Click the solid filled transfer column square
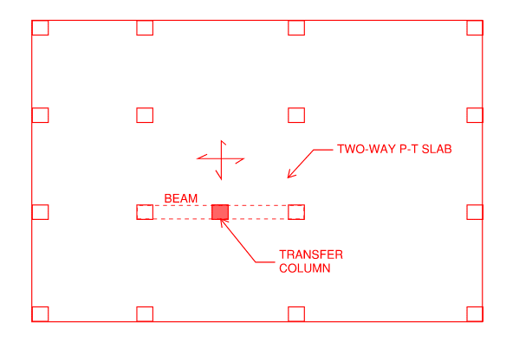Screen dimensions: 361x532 pos(220,212)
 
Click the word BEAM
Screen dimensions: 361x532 pos(180,198)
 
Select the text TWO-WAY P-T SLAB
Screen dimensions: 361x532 pos(394,149)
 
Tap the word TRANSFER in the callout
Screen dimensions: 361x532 pos(310,255)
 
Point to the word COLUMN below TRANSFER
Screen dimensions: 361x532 pos(305,268)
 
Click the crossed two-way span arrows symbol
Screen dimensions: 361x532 pos(220,159)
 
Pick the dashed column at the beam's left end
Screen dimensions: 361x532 pos(145,212)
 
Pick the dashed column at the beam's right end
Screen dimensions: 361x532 pos(296,212)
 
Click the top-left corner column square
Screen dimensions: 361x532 pos(40,28)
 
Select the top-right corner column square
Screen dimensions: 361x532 pos(475,28)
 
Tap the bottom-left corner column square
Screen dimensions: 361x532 pos(40,313)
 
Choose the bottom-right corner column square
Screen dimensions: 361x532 pos(475,313)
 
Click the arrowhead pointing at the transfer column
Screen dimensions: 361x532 pos(224,222)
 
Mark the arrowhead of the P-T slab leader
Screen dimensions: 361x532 pos(290,175)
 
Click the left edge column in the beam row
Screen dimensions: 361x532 pos(40,212)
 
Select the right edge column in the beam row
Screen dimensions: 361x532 pos(475,212)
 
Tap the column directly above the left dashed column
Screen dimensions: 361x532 pos(145,115)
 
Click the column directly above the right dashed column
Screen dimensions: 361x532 pos(296,115)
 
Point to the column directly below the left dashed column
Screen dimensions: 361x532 pos(145,313)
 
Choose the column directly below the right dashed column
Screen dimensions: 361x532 pos(296,313)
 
